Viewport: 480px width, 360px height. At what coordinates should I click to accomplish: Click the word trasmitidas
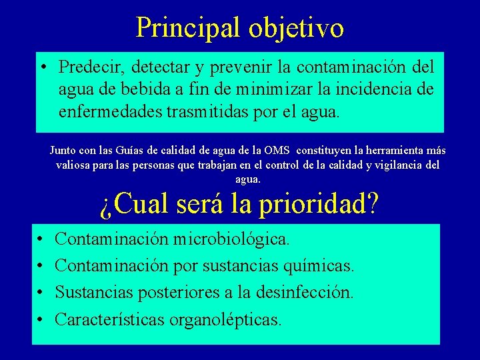tap(208, 111)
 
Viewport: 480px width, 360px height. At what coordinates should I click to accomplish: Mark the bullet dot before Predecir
tap(42, 67)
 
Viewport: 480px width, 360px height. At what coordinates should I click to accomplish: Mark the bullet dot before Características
tap(39, 319)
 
